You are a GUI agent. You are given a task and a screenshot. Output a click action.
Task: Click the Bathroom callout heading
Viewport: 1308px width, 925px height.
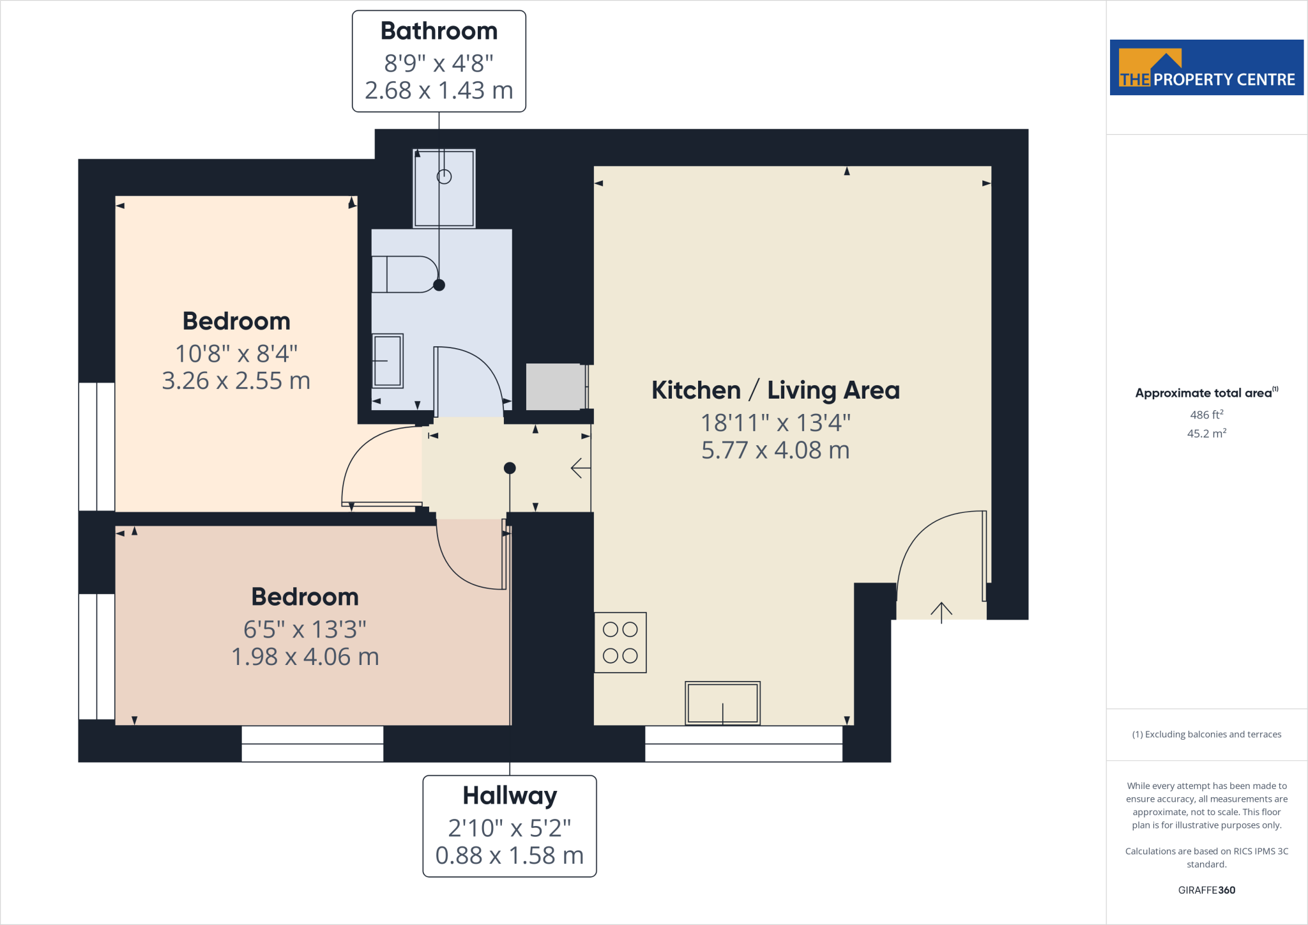tap(439, 31)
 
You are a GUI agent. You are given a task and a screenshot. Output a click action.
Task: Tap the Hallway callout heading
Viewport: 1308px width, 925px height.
tap(510, 796)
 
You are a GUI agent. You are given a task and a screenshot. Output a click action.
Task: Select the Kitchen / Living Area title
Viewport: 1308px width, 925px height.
tap(775, 390)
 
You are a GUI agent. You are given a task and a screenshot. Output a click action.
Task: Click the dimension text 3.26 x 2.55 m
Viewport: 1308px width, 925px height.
tap(236, 381)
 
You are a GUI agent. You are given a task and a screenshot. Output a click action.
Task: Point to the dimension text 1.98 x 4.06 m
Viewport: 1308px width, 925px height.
tap(305, 657)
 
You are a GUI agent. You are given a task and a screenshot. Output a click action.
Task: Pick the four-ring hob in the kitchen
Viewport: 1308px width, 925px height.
tap(620, 643)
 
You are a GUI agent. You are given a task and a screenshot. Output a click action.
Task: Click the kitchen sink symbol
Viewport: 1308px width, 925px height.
tap(722, 703)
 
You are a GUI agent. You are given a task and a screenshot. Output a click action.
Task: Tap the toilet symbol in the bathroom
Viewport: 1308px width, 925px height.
tap(402, 274)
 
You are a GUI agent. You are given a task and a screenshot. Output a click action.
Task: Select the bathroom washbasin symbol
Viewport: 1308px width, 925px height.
tap(388, 361)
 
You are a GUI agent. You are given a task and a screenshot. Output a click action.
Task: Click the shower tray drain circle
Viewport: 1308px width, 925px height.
tap(444, 177)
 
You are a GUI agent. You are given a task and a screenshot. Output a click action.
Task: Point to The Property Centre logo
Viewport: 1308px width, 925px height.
tap(1206, 68)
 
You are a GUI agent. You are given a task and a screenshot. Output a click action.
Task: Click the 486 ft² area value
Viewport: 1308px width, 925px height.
tap(1206, 415)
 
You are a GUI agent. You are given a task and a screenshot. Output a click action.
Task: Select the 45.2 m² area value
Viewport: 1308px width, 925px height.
tap(1206, 434)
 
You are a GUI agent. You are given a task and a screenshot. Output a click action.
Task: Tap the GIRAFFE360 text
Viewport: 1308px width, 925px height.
tap(1206, 890)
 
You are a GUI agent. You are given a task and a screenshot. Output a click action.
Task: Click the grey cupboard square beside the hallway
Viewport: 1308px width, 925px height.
tap(555, 387)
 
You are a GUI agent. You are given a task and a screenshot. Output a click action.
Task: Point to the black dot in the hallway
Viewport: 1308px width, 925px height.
tap(510, 468)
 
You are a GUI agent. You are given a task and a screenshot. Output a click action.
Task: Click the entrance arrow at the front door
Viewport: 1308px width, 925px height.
tap(941, 612)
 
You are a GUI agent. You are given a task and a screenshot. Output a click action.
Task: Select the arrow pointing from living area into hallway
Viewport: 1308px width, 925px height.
tap(580, 468)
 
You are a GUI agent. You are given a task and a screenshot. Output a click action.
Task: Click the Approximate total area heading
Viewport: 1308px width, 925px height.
tap(1205, 393)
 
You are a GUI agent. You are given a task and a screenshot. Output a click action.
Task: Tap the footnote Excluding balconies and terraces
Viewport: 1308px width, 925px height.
tap(1206, 735)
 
